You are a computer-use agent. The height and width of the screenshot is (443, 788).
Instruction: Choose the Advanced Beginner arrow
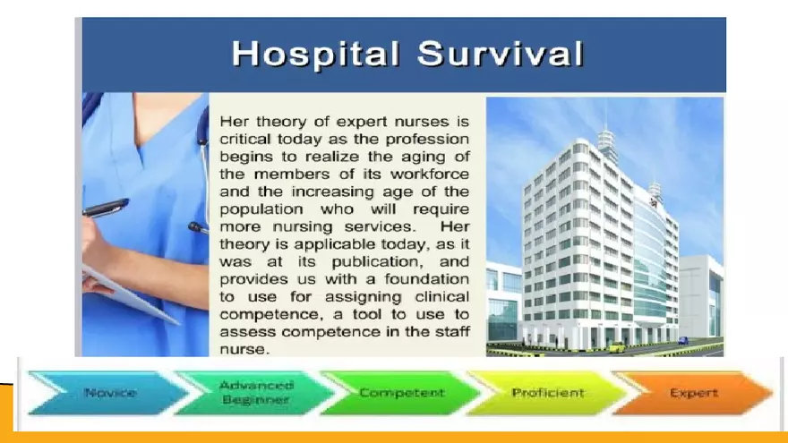(x=254, y=394)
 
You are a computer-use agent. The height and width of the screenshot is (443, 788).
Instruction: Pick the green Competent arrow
(x=401, y=394)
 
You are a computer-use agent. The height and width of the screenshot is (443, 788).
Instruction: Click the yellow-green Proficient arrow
(x=548, y=394)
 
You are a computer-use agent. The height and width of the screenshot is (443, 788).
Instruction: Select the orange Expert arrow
(x=692, y=394)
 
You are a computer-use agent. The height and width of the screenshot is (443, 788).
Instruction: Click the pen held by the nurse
(x=106, y=209)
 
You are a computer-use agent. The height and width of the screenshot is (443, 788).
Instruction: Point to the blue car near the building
(x=683, y=340)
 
